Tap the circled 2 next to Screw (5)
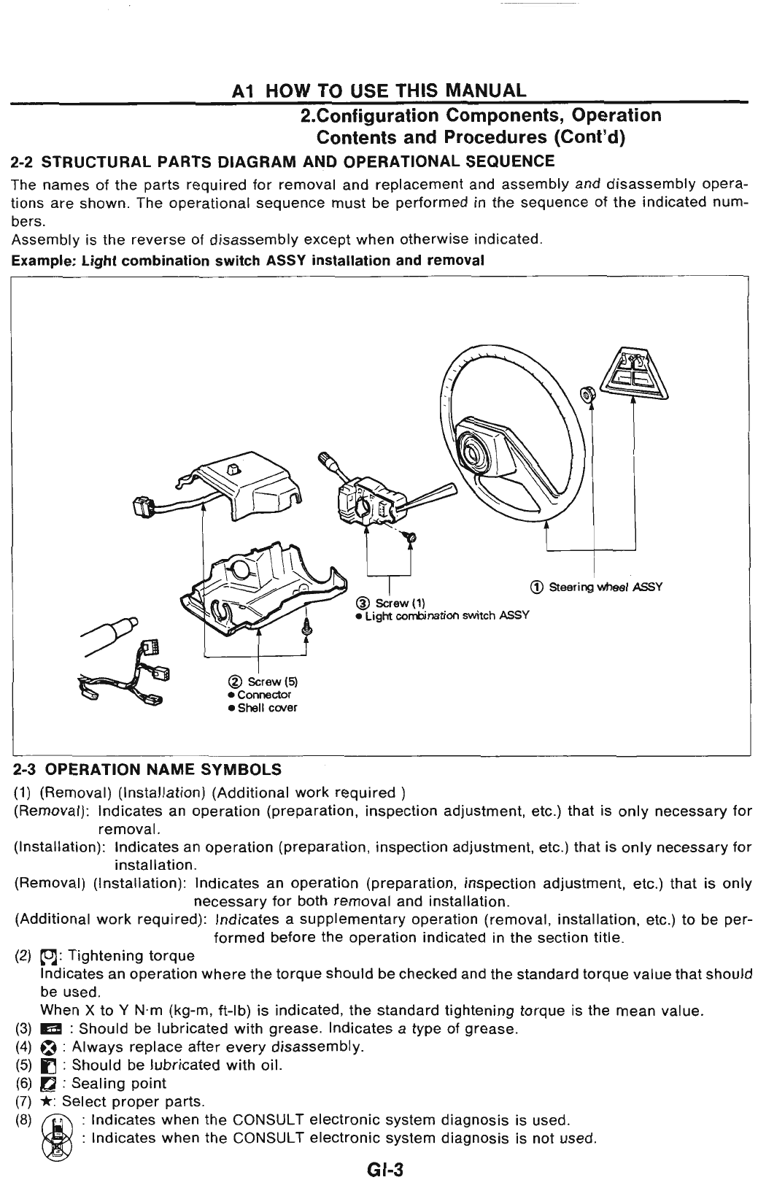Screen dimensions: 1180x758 [233, 682]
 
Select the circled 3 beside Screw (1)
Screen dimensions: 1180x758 [360, 603]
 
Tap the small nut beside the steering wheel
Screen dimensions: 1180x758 [585, 395]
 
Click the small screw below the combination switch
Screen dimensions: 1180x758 [409, 538]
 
